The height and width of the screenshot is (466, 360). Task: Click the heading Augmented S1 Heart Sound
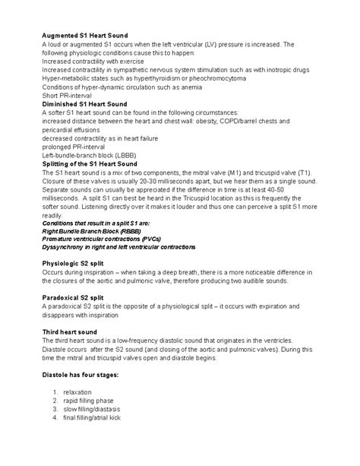(x=84, y=35)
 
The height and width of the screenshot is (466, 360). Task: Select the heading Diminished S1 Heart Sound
(x=85, y=103)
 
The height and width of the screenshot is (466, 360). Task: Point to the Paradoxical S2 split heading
(x=73, y=296)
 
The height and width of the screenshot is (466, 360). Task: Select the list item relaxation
(x=77, y=392)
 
